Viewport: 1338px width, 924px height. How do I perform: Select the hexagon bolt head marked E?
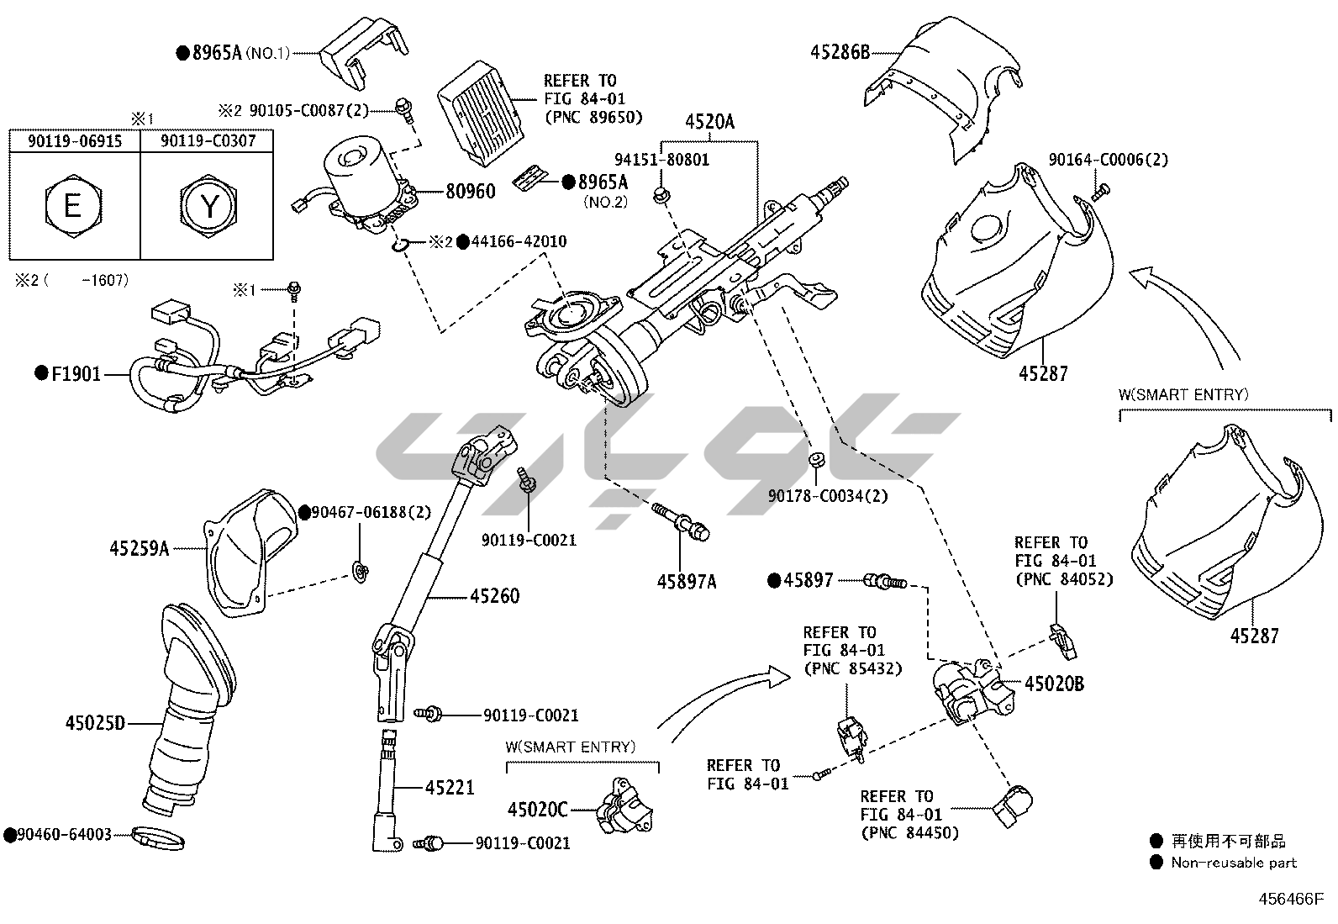pyautogui.click(x=72, y=205)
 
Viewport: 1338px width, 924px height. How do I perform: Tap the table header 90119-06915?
pyautogui.click(x=75, y=141)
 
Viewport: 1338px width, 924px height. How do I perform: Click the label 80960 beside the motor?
pyautogui.click(x=470, y=191)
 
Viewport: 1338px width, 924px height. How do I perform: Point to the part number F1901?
pyautogui.click(x=76, y=373)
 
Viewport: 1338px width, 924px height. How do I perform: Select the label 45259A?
pyautogui.click(x=140, y=549)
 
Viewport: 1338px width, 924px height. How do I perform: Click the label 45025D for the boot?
pyautogui.click(x=95, y=722)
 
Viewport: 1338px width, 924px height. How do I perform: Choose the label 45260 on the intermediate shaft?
pyautogui.click(x=494, y=596)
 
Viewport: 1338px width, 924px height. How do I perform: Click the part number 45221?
pyautogui.click(x=450, y=788)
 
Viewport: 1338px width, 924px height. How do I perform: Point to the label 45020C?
pyautogui.click(x=538, y=810)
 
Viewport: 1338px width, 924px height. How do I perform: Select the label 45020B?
pyautogui.click(x=1054, y=684)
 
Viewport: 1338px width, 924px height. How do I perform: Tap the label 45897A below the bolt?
pyautogui.click(x=687, y=581)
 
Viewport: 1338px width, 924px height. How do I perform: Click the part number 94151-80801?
pyautogui.click(x=661, y=160)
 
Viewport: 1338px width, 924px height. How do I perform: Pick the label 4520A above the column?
pyautogui.click(x=709, y=122)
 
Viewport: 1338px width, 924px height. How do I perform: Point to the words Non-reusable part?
pyautogui.click(x=1234, y=863)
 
